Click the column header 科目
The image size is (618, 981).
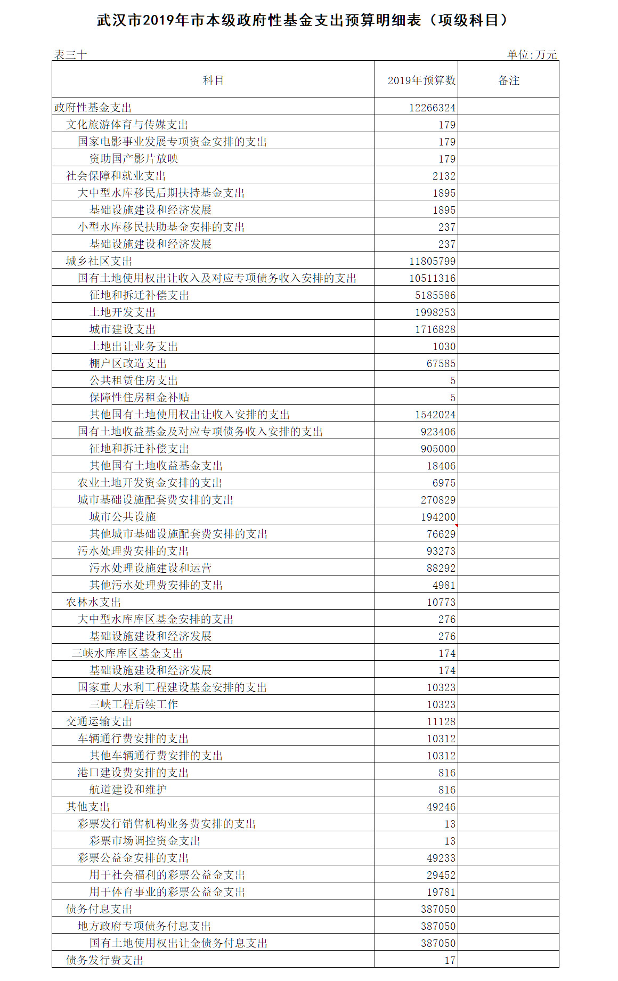pyautogui.click(x=213, y=80)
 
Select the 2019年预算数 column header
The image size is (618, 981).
pyautogui.click(x=421, y=80)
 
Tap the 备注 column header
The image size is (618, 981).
pyautogui.click(x=508, y=80)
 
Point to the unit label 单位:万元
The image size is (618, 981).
pyautogui.click(x=532, y=55)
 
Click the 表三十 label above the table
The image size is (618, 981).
pyautogui.click(x=70, y=55)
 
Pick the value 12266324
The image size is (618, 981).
pyautogui.click(x=432, y=108)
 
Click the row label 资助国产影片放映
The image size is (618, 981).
pyautogui.click(x=134, y=159)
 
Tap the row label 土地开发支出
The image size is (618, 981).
pyautogui.click(x=123, y=312)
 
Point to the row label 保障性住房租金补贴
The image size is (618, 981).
pyautogui.click(x=140, y=398)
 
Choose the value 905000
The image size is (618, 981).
pyautogui.click(x=438, y=449)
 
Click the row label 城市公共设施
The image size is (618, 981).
pyautogui.click(x=123, y=517)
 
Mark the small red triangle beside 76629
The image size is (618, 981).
pyautogui.click(x=456, y=526)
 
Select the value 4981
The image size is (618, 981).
pyautogui.click(x=444, y=585)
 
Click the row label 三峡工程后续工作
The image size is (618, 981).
pyautogui.click(x=134, y=704)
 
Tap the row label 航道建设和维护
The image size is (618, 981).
pyautogui.click(x=128, y=790)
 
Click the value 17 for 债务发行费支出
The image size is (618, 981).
pyautogui.click(x=450, y=960)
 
